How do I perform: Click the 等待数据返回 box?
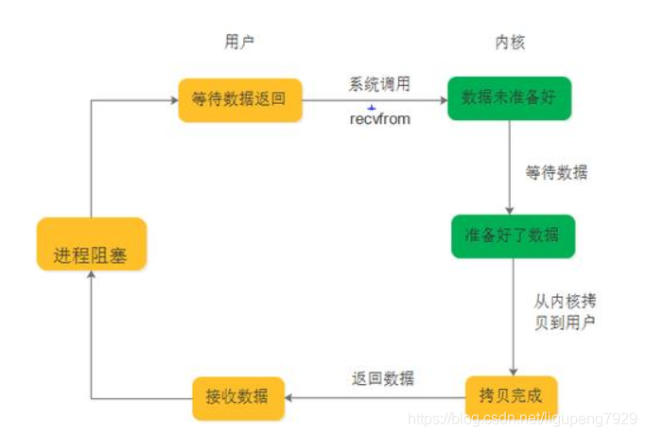pyautogui.click(x=239, y=98)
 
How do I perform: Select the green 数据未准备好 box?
pyautogui.click(x=509, y=97)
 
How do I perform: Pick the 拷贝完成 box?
pyautogui.click(x=511, y=392)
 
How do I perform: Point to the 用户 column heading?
pyautogui.click(x=239, y=42)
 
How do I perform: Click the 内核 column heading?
pyautogui.click(x=510, y=42)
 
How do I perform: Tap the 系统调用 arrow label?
pyautogui.click(x=378, y=84)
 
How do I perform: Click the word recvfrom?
pyautogui.click(x=379, y=119)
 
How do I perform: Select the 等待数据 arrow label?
pyautogui.click(x=556, y=173)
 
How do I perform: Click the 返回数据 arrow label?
pyautogui.click(x=382, y=378)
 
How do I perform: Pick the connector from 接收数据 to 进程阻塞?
pyautogui.click(x=91, y=359)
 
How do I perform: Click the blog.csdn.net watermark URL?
pyautogui.click(x=520, y=417)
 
